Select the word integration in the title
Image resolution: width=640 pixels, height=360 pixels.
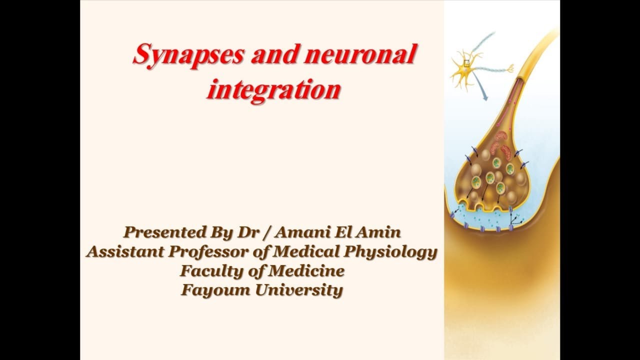pyautogui.click(x=273, y=90)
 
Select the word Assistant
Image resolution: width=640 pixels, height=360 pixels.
pyautogui.click(x=125, y=251)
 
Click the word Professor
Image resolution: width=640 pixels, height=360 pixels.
pyautogui.click(x=211, y=251)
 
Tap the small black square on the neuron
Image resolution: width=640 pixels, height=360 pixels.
pyautogui.click(x=466, y=63)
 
